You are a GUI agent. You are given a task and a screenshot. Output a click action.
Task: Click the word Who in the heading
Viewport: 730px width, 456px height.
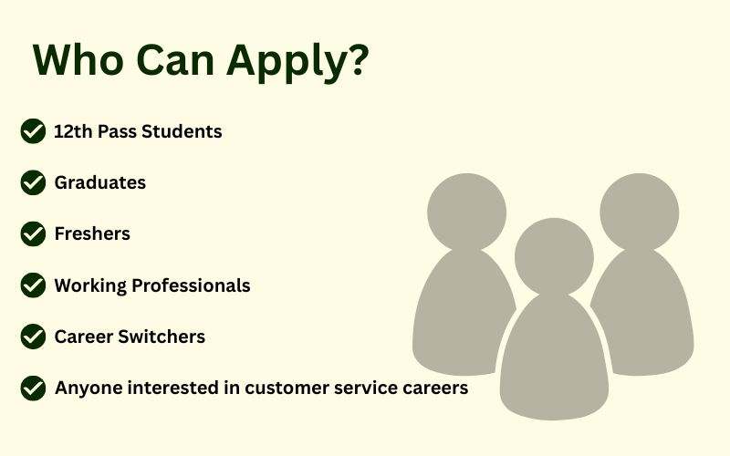[x=78, y=59]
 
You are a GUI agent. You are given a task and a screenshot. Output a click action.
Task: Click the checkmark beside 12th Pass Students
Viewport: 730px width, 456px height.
[x=33, y=131]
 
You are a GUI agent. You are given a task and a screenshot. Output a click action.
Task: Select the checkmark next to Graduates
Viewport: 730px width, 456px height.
[x=33, y=182]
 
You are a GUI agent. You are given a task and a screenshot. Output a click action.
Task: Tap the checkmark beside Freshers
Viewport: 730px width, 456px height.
[x=33, y=233]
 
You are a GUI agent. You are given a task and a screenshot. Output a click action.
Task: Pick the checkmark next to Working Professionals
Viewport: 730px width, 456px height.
[x=33, y=285]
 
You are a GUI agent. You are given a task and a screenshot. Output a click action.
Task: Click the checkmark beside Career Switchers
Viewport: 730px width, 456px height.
[x=33, y=337]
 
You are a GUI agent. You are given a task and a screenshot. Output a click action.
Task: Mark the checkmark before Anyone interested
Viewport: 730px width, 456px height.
[x=33, y=389]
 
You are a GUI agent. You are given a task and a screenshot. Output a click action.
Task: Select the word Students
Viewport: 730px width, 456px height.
[x=182, y=131]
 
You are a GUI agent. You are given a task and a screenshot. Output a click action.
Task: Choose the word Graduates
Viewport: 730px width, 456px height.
[x=100, y=182]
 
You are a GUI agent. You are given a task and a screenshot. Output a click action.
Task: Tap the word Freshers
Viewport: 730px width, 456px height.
[x=92, y=233]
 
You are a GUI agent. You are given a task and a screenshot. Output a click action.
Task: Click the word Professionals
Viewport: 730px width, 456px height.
[x=191, y=285]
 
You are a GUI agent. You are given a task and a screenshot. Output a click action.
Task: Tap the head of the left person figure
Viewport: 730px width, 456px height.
[x=466, y=212]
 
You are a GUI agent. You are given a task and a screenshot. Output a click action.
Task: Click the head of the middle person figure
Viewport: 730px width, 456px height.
[x=554, y=257]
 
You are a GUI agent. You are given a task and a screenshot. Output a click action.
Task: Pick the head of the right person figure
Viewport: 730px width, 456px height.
[x=640, y=212]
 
